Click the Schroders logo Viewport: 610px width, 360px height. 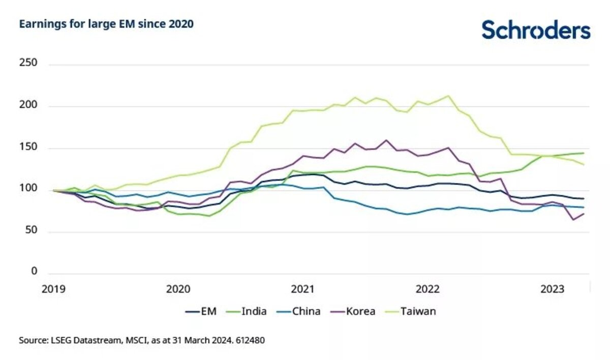[x=536, y=29]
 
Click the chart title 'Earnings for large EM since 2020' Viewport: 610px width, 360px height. [x=106, y=24]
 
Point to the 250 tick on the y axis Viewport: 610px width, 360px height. [x=28, y=65]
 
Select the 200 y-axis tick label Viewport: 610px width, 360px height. [x=28, y=106]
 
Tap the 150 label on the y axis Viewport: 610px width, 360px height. [x=28, y=148]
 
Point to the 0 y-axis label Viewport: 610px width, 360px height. [x=35, y=272]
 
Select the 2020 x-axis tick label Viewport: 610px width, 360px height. [x=178, y=289]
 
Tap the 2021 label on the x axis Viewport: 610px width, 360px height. [x=303, y=289]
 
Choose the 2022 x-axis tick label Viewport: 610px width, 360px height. [x=428, y=289]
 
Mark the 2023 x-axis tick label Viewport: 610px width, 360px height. [x=552, y=289]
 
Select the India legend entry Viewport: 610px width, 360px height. [x=246, y=311]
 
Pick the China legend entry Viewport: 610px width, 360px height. [x=298, y=311]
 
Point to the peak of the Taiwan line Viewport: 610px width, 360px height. [x=447, y=96]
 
